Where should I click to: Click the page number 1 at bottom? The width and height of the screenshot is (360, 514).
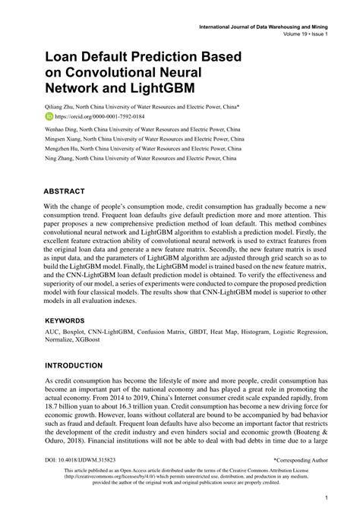pyautogui.click(x=325, y=498)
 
